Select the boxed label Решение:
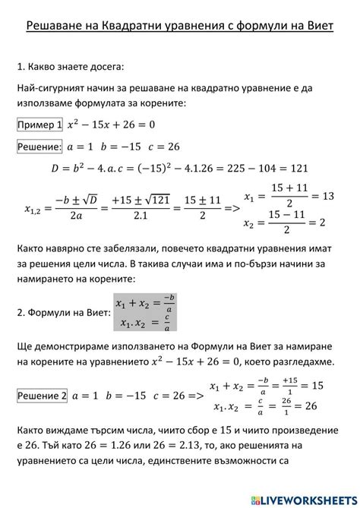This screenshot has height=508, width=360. tap(39, 147)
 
